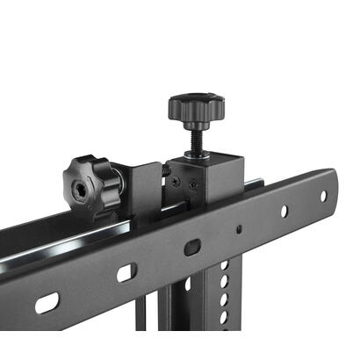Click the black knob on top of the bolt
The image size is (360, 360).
point(196,107)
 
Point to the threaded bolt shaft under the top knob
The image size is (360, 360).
point(195,136)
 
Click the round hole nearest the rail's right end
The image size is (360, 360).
point(322,196)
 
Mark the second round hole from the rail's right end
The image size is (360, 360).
point(284,212)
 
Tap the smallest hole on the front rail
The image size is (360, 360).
point(239,229)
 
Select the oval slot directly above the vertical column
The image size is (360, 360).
point(192,248)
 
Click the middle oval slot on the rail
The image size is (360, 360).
point(126,273)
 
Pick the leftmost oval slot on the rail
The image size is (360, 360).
point(47,303)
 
